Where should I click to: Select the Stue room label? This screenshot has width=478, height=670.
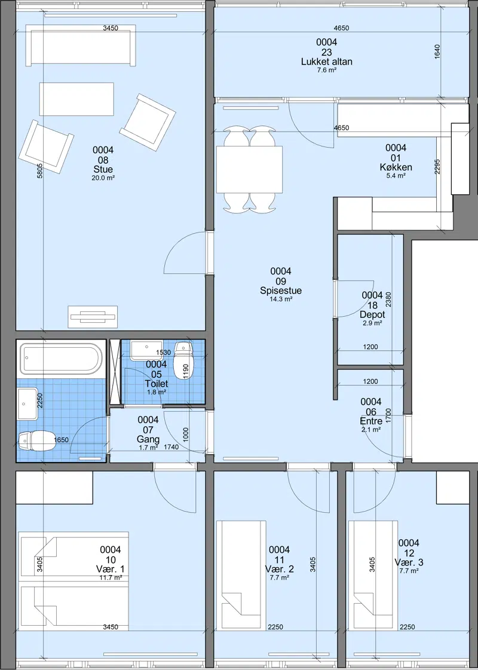[103, 170]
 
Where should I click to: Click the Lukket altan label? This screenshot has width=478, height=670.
[327, 62]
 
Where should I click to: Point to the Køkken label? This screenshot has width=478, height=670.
[396, 167]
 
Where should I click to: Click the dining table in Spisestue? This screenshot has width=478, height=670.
[250, 169]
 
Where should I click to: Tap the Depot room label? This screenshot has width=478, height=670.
[372, 314]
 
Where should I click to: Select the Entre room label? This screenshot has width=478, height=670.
[371, 422]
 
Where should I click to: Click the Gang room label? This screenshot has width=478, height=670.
[148, 439]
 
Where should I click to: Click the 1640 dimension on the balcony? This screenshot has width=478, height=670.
[437, 52]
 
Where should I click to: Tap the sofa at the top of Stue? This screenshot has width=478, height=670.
[81, 45]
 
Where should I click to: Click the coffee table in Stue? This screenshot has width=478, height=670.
[77, 99]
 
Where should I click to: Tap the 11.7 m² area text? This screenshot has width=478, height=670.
[110, 577]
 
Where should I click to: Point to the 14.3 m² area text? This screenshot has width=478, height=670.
[280, 299]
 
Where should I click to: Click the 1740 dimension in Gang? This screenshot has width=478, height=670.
[171, 447]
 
